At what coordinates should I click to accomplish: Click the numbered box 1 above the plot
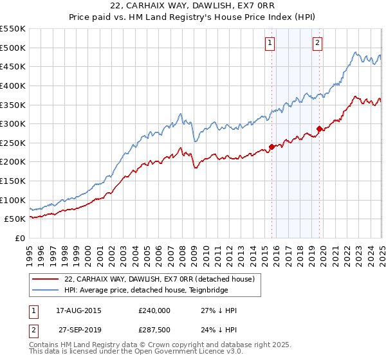tap(269, 44)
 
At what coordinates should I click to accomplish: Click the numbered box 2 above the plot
tap(318, 44)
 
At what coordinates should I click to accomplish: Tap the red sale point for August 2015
tap(271, 147)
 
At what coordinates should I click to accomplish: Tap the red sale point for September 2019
tap(320, 129)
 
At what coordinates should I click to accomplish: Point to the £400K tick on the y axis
tap(13, 85)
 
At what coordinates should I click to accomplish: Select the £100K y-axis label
tap(13, 200)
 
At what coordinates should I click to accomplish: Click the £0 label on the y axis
tap(19, 239)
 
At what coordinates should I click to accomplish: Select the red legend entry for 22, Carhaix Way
tap(160, 279)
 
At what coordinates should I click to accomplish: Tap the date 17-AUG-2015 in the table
tap(78, 310)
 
